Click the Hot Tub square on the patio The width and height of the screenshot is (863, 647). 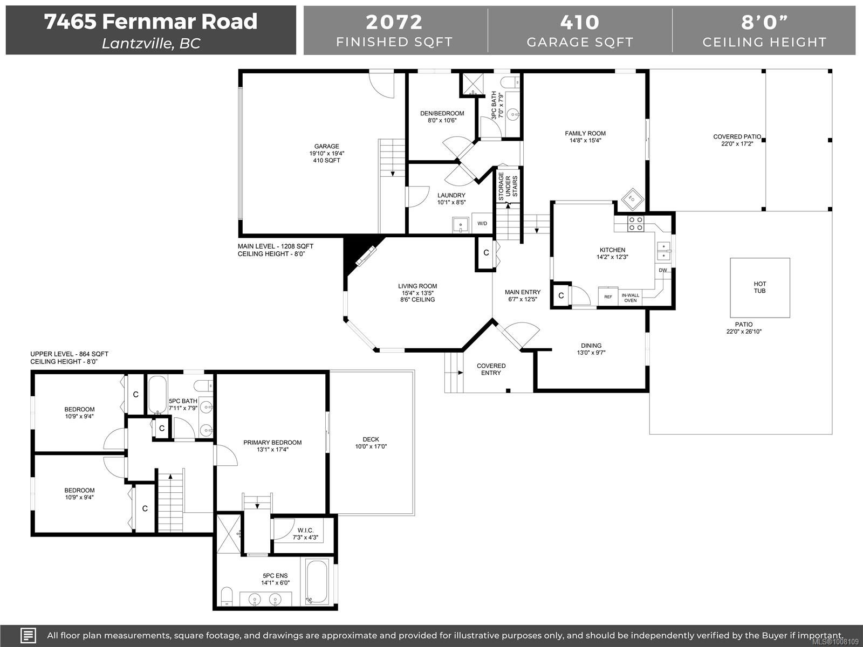[759, 288]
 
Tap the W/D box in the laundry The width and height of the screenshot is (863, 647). [482, 223]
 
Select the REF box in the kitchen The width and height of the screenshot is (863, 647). [608, 297]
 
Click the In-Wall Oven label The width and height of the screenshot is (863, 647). [630, 298]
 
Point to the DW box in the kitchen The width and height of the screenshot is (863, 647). [662, 270]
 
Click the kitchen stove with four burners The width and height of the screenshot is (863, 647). [635, 223]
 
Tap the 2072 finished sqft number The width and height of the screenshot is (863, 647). [394, 22]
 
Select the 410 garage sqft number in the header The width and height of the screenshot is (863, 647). [580, 22]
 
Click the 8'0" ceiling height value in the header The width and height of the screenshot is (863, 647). [764, 22]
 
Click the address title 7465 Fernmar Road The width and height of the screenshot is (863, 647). [150, 22]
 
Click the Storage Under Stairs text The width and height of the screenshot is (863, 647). [508, 187]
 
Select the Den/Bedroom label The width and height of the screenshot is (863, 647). [442, 116]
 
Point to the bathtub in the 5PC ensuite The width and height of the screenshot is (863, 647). [317, 582]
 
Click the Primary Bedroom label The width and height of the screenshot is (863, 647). [272, 445]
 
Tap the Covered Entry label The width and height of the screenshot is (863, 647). [491, 369]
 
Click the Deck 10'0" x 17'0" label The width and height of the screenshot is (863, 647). [371, 443]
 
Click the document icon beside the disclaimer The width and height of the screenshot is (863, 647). [29, 635]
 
